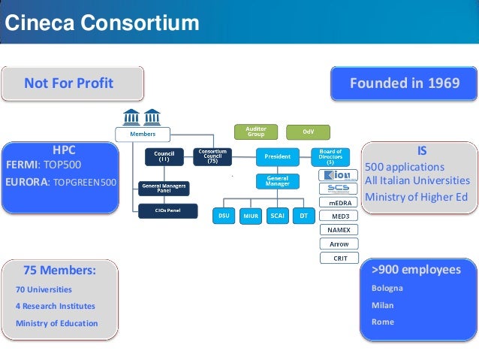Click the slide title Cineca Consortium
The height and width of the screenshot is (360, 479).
click(x=102, y=24)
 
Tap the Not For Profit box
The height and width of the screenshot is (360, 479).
click(x=69, y=83)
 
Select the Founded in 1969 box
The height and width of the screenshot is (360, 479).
click(x=405, y=83)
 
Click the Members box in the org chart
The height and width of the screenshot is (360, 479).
click(x=143, y=133)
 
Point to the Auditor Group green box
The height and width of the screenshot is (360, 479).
click(x=256, y=132)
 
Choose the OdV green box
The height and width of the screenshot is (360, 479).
click(x=308, y=132)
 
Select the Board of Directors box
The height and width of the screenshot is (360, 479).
click(x=330, y=157)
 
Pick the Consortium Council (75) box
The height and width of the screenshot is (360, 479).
click(x=212, y=157)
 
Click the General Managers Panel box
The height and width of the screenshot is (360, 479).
click(x=164, y=187)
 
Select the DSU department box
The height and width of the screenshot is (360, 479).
click(x=224, y=216)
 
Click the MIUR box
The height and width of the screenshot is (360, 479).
click(x=251, y=216)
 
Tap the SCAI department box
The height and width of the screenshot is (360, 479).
click(x=276, y=216)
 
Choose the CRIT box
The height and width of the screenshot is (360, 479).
click(x=339, y=258)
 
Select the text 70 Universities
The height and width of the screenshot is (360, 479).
click(x=44, y=289)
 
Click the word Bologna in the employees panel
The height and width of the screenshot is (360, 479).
click(x=387, y=288)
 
